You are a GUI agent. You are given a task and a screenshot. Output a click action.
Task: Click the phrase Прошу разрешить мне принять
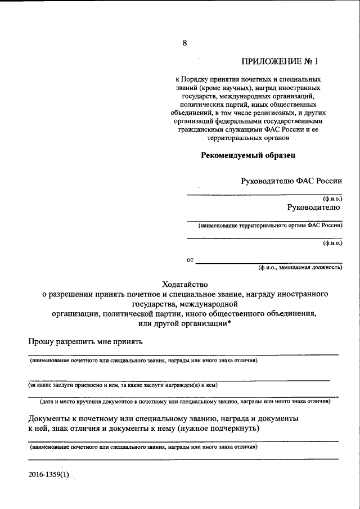(85, 342)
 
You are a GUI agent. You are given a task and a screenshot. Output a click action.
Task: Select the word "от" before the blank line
(190, 260)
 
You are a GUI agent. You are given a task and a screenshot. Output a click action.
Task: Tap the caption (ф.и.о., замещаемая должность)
(300, 268)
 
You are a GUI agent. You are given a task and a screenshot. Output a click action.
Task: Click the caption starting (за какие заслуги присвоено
(123, 385)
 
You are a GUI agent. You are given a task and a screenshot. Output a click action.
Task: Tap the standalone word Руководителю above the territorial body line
(313, 207)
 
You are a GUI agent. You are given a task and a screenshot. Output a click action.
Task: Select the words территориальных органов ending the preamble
(248, 137)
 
